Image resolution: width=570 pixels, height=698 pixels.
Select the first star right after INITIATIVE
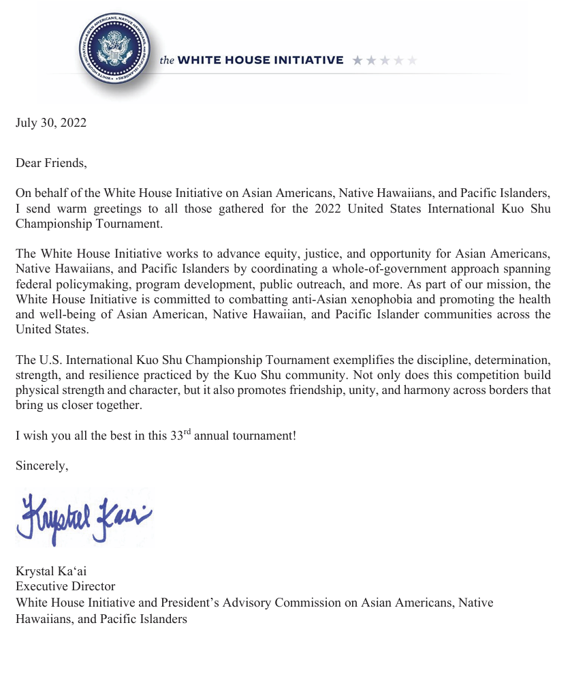pyautogui.click(x=358, y=60)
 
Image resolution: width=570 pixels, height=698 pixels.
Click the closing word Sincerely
pyautogui.click(x=42, y=466)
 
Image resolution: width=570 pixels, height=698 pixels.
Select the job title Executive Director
pyautogui.click(x=65, y=586)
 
